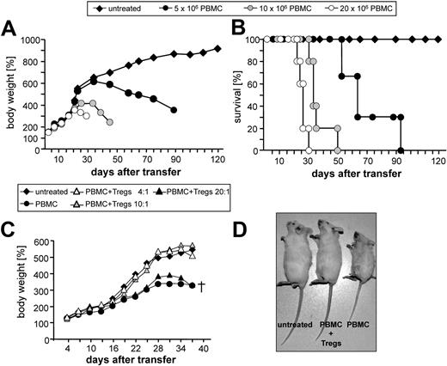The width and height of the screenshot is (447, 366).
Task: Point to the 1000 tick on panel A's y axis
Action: click(x=34, y=40)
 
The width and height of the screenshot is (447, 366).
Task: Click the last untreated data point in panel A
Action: click(x=217, y=49)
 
